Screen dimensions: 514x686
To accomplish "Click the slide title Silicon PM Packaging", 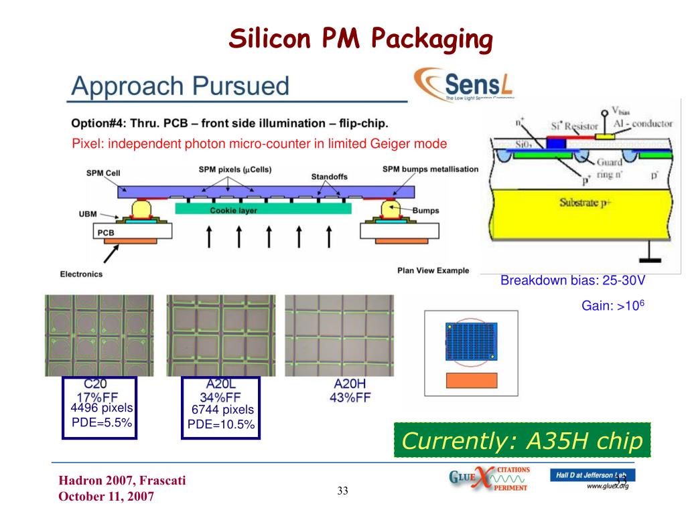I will click(361, 38).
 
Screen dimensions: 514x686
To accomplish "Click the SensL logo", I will click(463, 85).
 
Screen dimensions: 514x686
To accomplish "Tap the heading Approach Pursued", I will click(180, 86).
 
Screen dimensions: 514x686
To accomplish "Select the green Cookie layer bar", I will click(262, 209).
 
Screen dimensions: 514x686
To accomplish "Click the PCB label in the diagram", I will click(107, 232).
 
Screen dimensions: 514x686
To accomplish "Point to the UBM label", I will click(88, 214).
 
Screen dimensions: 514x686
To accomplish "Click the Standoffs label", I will click(329, 177).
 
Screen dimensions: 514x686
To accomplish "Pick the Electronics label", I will click(81, 274).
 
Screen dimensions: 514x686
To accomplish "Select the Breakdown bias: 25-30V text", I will click(572, 280).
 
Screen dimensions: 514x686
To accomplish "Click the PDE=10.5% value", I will click(221, 424).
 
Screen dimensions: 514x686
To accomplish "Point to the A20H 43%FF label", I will click(352, 391).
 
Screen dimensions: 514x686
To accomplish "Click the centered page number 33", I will click(343, 492).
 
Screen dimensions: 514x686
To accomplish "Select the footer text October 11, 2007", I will click(107, 496).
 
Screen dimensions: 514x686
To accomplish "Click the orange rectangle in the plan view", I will click(472, 380).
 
